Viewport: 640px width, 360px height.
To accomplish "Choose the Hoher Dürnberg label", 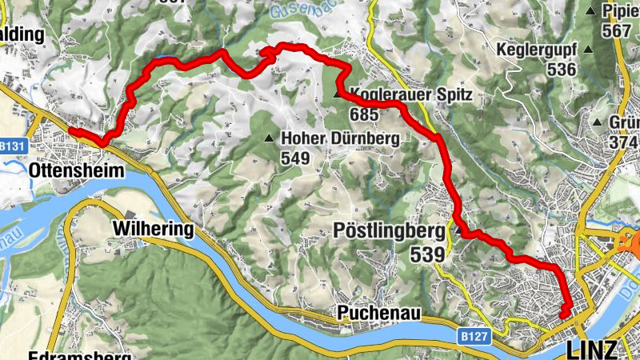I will tap(339, 138).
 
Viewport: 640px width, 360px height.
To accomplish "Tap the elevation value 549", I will tap(294, 158).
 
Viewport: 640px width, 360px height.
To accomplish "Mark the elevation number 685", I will tap(362, 114).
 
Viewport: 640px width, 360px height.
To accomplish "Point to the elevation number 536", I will tap(562, 70).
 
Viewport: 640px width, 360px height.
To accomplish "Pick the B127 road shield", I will tap(475, 338).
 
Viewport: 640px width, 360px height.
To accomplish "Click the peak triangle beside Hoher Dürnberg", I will tap(269, 138).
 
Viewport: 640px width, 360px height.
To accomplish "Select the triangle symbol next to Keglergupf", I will tap(589, 50).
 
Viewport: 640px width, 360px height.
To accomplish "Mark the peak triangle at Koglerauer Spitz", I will tap(337, 95).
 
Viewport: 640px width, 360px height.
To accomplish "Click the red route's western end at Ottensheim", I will tap(70, 130).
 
